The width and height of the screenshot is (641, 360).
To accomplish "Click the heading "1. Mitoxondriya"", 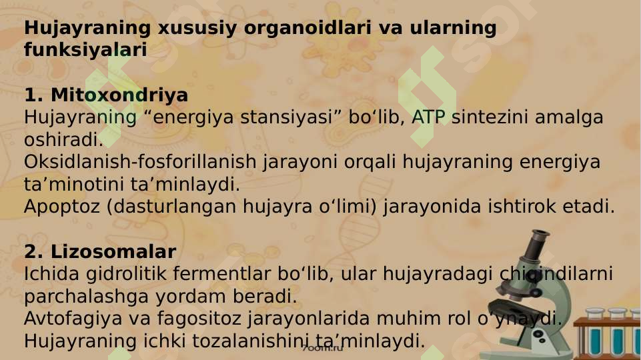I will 106,95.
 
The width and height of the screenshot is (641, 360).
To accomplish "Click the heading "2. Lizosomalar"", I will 100,253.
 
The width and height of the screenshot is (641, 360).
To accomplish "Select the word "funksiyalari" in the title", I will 85,51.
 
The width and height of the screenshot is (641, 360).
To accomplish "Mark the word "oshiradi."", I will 63,140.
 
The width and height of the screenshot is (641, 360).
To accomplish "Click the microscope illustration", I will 534,293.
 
